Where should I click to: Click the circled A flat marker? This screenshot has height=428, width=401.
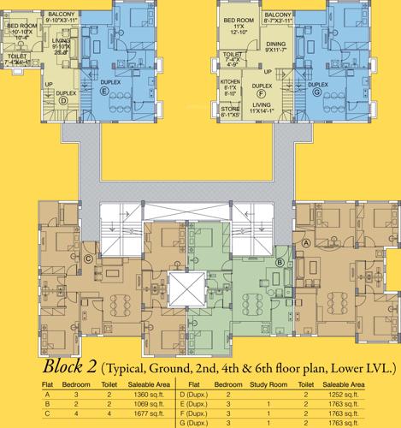point(306,242)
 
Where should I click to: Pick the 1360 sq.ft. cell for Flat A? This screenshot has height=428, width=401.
point(142,395)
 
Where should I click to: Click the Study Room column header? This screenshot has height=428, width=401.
point(268,385)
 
